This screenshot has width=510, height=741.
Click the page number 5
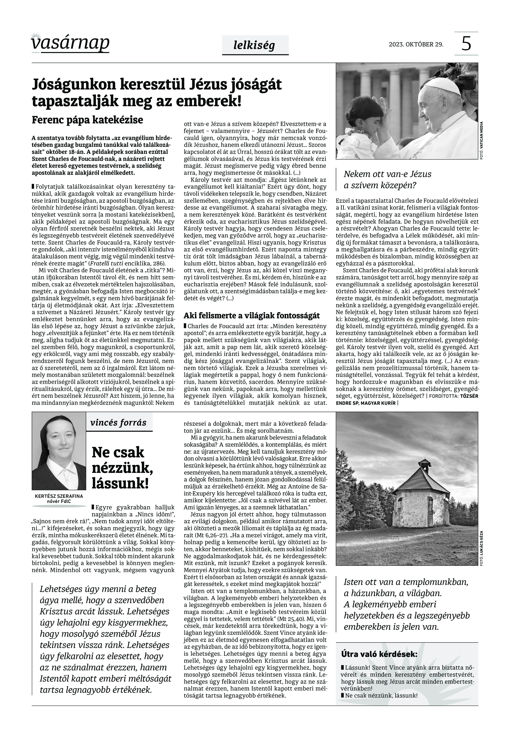tap(466, 44)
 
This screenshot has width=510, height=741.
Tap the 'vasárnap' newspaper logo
tap(70, 43)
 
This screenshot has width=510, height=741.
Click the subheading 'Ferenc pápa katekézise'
tap(87, 120)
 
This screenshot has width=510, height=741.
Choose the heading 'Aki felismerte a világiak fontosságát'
tap(251, 316)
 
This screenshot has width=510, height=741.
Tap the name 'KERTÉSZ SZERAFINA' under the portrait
tap(59, 496)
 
